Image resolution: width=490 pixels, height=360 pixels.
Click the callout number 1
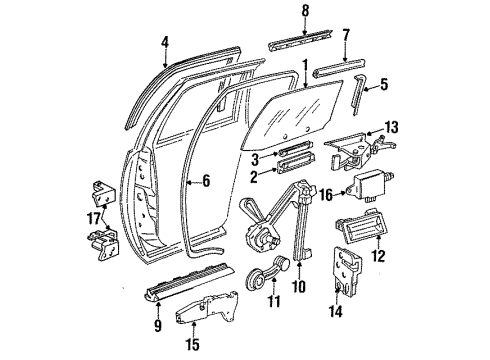point(303,73)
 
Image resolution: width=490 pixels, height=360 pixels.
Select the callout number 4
point(166,42)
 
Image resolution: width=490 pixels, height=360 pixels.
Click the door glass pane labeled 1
point(300,115)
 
